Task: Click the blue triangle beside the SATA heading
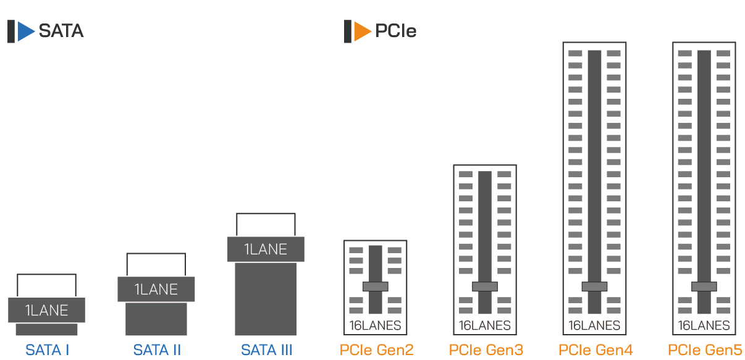click(25, 31)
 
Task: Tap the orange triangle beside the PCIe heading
click(361, 31)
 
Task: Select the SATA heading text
click(61, 31)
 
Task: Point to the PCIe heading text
click(396, 31)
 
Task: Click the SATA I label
click(47, 350)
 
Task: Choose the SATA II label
click(157, 350)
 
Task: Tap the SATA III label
click(266, 350)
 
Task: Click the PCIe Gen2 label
click(376, 350)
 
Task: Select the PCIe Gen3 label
click(486, 350)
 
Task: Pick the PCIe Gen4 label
click(596, 350)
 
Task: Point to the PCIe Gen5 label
click(705, 350)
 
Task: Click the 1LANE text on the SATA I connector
click(46, 311)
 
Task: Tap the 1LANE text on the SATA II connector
click(156, 289)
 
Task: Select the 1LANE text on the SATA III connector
click(266, 249)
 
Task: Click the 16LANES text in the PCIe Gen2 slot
click(375, 325)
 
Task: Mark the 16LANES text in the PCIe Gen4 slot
click(594, 325)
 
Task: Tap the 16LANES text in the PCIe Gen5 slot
click(704, 325)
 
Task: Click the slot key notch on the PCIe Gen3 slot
click(484, 287)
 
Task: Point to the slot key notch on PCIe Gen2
click(375, 287)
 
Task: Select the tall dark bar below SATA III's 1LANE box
click(266, 299)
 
